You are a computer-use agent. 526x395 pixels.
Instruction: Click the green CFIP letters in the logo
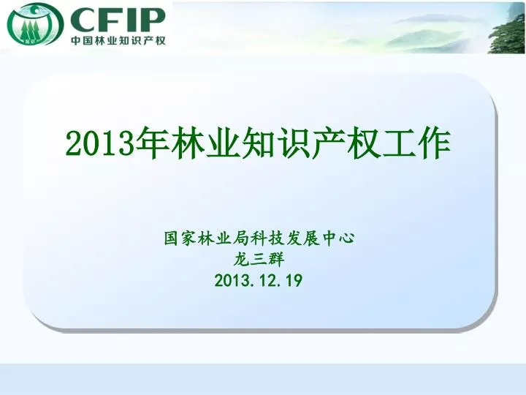click(x=118, y=20)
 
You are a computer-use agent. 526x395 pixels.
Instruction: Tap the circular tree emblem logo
click(x=35, y=25)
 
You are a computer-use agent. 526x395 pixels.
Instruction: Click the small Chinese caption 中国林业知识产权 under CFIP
click(x=118, y=40)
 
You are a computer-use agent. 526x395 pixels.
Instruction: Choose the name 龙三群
click(x=259, y=259)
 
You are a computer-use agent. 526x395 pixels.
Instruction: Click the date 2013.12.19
click(x=259, y=280)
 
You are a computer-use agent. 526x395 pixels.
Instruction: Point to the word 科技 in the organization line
click(x=259, y=238)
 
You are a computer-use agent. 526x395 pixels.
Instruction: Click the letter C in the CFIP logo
click(x=82, y=20)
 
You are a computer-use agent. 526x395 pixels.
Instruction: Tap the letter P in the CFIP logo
click(x=153, y=20)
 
